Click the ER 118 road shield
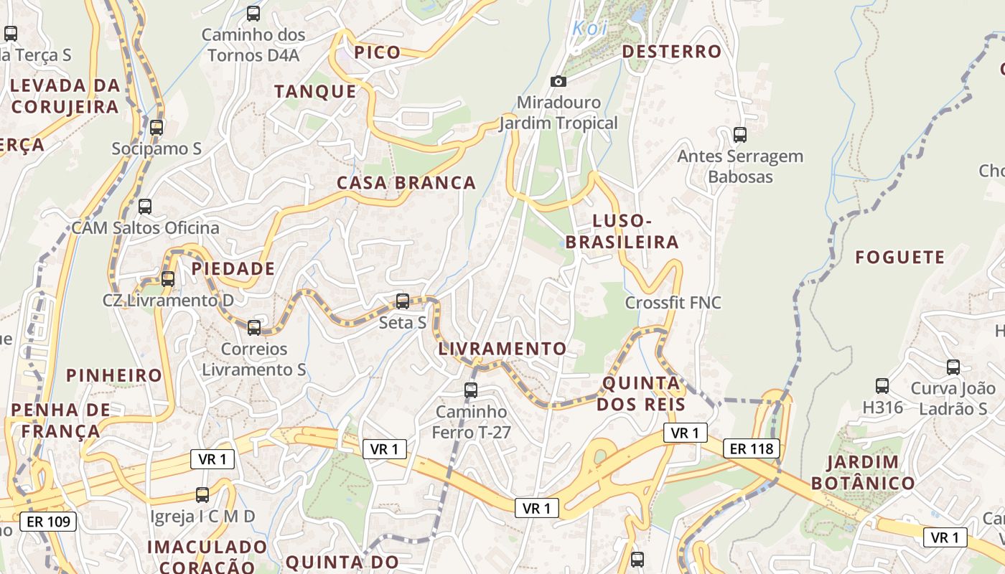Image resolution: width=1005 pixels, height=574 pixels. [x=751, y=449]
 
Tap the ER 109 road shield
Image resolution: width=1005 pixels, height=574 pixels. [x=49, y=521]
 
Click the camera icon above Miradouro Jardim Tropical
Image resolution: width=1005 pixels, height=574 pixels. [x=558, y=82]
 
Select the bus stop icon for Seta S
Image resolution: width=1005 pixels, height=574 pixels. [x=403, y=301]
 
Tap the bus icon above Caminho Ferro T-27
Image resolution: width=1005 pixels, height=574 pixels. [x=471, y=390]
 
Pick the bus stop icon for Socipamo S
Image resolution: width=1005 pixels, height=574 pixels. [x=156, y=128]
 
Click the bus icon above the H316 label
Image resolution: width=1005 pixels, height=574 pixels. [x=882, y=386]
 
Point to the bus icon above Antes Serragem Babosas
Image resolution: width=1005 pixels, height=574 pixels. [x=740, y=134]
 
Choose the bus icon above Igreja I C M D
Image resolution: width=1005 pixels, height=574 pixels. [x=202, y=495]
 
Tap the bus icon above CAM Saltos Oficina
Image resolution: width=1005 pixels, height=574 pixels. [x=145, y=207]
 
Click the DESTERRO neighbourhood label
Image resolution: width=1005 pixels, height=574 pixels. [x=671, y=52]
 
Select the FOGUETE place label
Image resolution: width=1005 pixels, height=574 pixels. [x=899, y=257]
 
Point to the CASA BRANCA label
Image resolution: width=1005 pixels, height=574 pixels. [x=406, y=183]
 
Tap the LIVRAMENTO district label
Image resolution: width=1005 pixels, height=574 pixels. [x=502, y=349]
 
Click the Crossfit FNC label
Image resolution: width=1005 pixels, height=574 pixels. [x=673, y=303]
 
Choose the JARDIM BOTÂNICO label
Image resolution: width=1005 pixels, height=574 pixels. [x=863, y=472]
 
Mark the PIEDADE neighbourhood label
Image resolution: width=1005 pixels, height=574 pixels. [x=233, y=269]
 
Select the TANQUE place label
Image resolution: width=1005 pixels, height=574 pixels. [x=315, y=91]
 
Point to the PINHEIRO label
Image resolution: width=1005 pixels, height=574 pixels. [x=114, y=375]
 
